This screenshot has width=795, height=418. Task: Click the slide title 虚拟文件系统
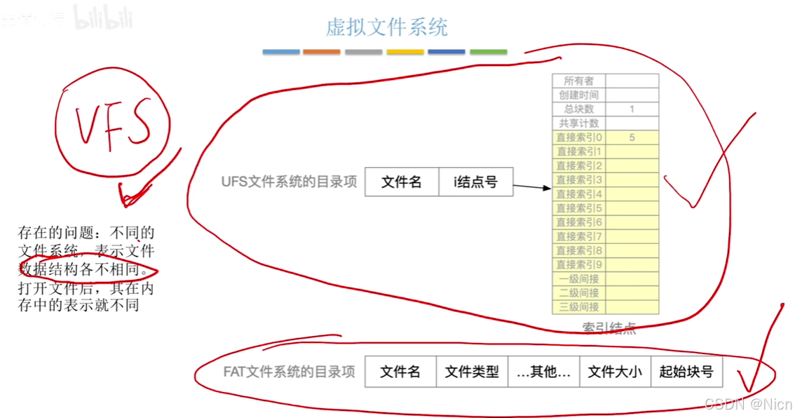click(386, 27)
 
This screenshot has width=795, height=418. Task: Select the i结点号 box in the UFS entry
click(476, 182)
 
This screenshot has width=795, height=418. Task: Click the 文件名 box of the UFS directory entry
click(401, 182)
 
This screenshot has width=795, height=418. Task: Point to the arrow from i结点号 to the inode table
click(532, 187)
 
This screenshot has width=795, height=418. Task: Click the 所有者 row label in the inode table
click(578, 81)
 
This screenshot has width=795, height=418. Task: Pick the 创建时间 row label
click(578, 95)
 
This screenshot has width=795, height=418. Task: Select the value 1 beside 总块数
click(632, 109)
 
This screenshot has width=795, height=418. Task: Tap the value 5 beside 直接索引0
click(632, 137)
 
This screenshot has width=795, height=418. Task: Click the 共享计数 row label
click(578, 123)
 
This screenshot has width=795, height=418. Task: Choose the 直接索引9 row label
click(579, 264)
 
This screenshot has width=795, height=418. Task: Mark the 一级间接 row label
click(578, 278)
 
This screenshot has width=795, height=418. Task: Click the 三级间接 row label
click(578, 306)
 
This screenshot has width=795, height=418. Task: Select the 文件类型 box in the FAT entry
click(472, 372)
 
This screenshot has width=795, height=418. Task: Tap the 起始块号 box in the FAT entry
click(686, 372)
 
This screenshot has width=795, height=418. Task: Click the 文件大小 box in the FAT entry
click(615, 372)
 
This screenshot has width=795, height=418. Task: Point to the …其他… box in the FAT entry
click(543, 372)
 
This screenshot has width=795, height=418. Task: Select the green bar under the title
click(488, 52)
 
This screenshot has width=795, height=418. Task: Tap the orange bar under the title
click(322, 52)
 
